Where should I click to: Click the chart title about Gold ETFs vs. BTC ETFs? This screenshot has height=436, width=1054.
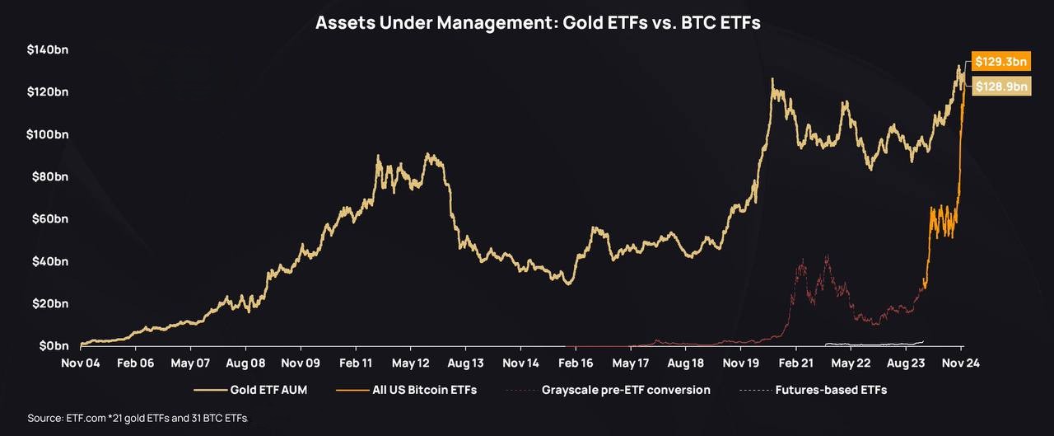538,22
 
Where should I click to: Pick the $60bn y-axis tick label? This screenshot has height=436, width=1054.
49,218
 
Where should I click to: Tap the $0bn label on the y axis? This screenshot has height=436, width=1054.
51,345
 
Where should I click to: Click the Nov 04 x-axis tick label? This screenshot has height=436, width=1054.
81,363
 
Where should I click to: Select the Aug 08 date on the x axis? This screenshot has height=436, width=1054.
245,363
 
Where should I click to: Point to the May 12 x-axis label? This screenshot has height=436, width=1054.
410,363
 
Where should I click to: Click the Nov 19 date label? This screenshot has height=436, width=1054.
740,363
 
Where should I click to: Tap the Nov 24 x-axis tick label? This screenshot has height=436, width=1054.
960,363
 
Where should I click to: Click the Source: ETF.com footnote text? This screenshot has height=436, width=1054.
138,418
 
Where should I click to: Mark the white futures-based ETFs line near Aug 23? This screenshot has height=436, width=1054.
873,343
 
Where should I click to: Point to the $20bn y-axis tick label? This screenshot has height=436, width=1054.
49,303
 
